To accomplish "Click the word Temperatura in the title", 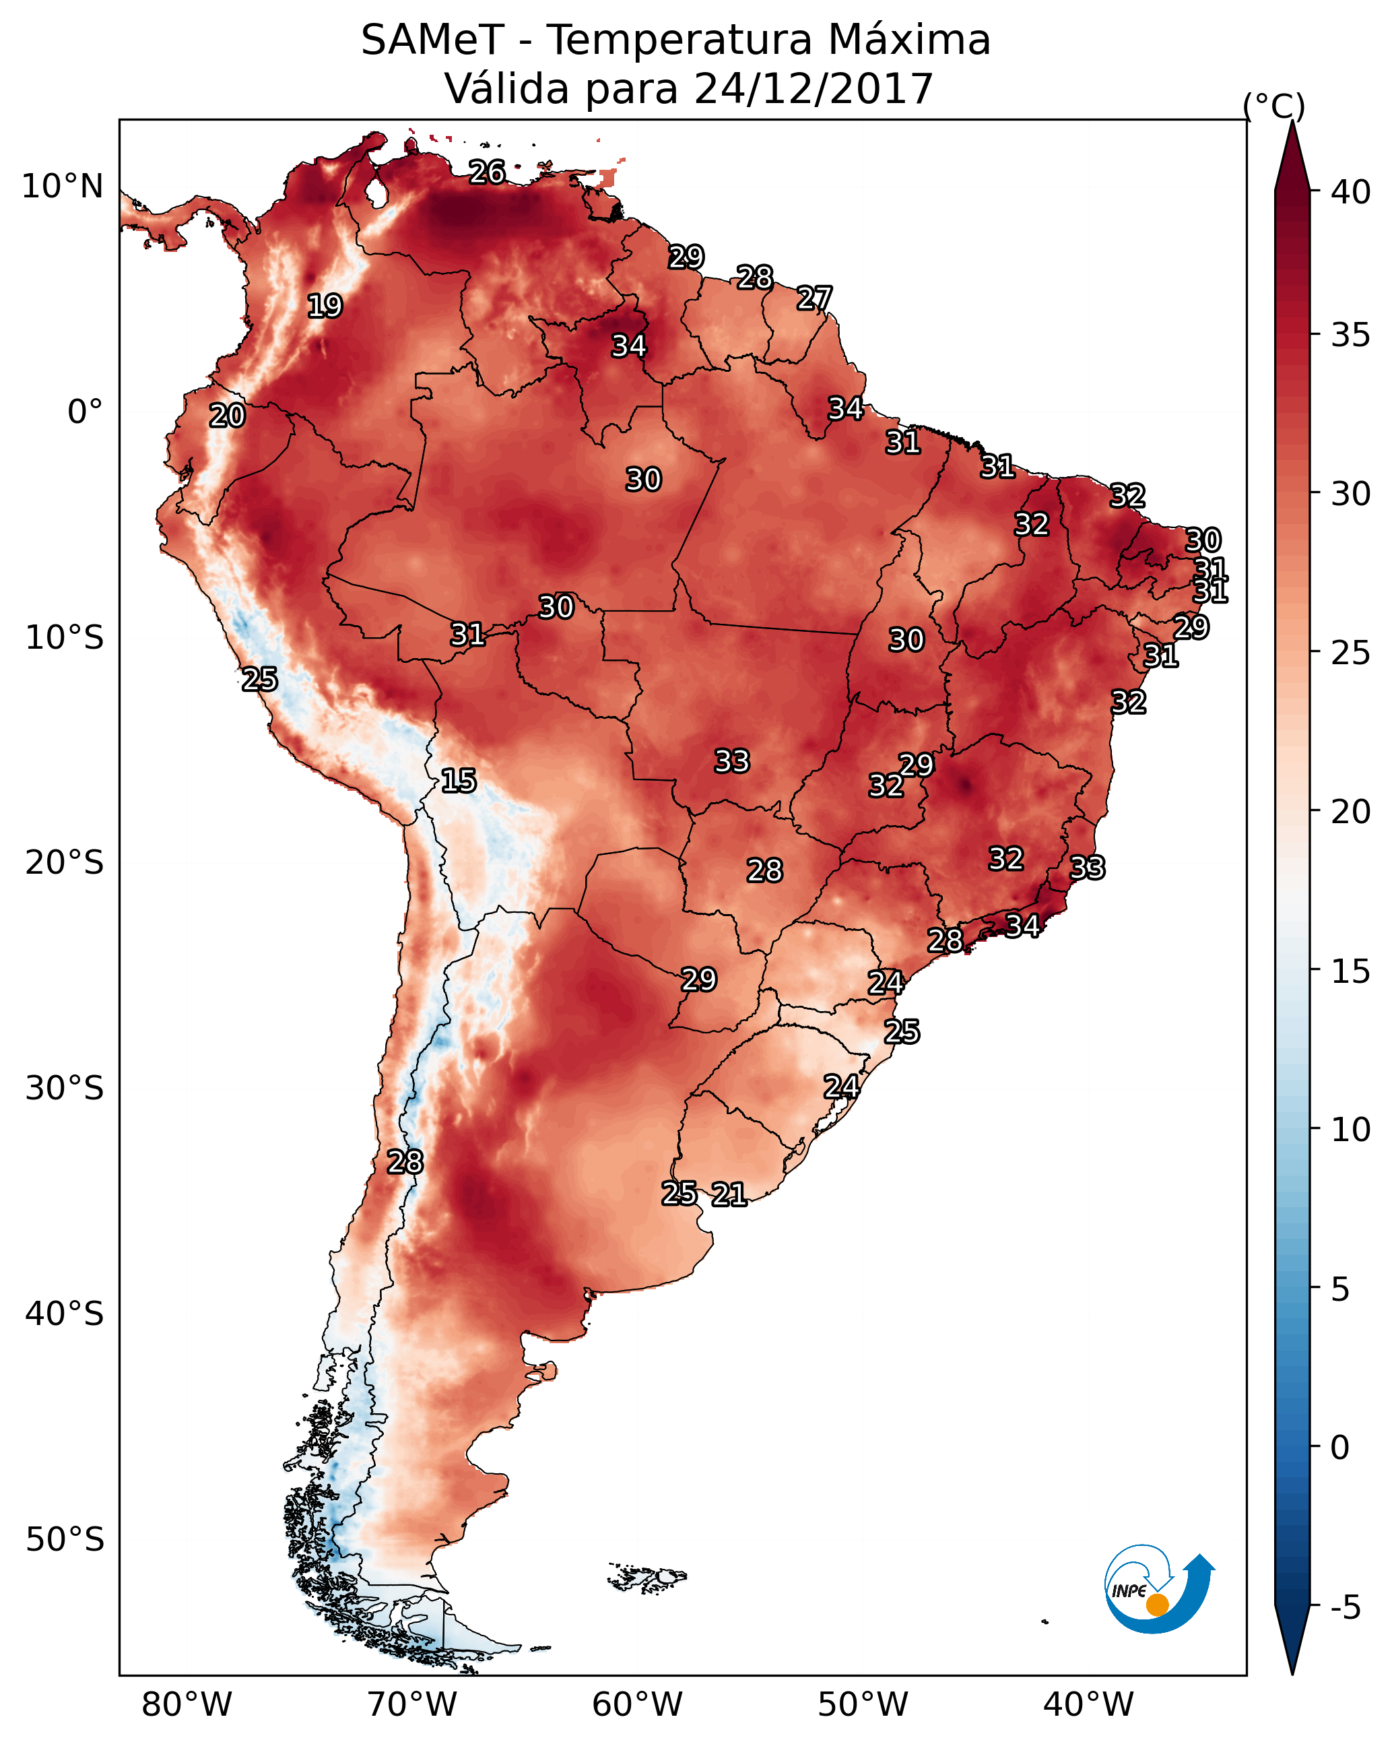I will point(678,40).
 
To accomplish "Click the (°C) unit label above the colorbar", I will point(1273,106).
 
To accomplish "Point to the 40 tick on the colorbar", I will point(1350,192).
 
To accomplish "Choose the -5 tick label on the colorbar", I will point(1344,1607).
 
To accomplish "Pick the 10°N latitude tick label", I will point(62,187).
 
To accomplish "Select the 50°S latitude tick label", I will point(65,1539).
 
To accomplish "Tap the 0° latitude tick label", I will point(85,412).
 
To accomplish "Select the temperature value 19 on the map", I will point(325,307).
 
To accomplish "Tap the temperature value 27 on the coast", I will point(814,298).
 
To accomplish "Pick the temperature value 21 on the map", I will point(729,1194).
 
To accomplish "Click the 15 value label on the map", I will point(458,781).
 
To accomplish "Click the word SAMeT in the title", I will point(432,40).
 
